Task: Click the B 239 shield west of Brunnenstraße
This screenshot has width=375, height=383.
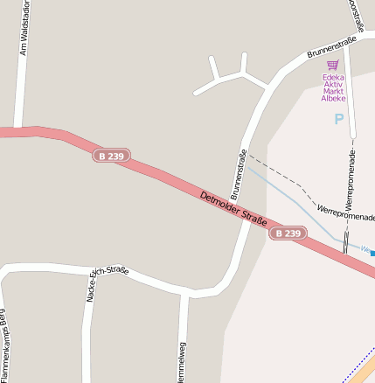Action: [111, 156]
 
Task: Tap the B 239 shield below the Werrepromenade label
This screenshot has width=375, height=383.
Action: [288, 233]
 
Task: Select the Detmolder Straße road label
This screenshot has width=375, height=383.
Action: [233, 211]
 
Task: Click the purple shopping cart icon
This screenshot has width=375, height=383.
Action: [332, 65]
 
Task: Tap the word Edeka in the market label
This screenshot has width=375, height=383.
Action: [333, 77]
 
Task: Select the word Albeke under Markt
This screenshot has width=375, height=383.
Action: [333, 99]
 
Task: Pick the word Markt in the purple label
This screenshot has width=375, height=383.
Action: [333, 91]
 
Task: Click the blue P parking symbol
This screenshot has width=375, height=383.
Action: [339, 119]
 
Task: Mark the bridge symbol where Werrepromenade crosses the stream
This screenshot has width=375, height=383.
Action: [347, 242]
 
